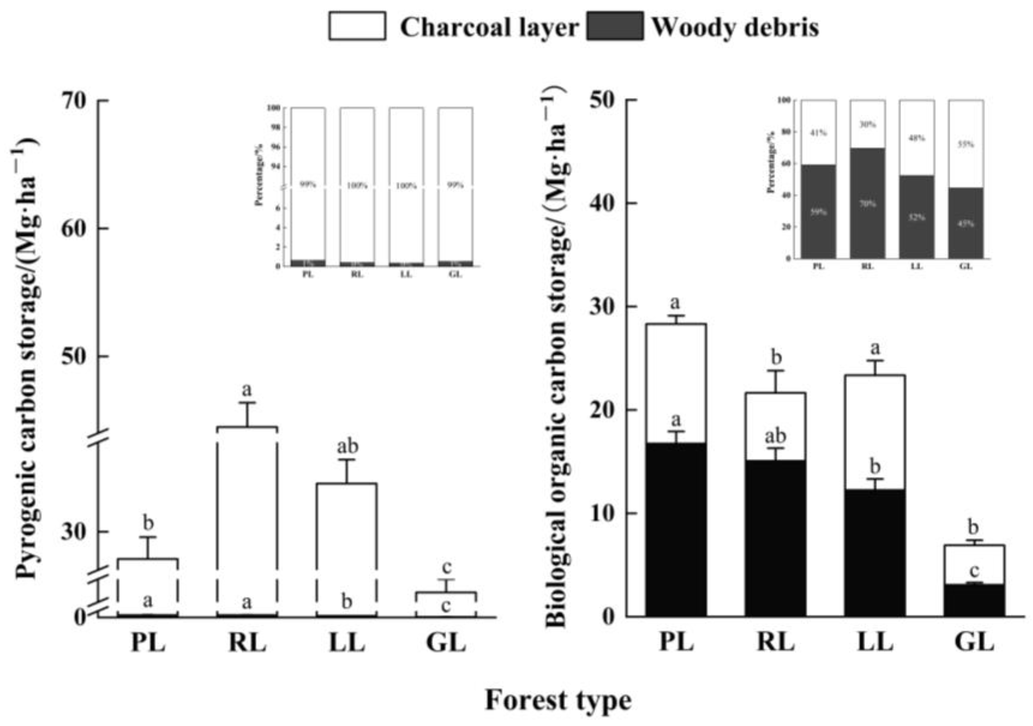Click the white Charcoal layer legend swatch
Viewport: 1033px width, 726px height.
point(357,26)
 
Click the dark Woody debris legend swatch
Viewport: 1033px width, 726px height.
point(614,26)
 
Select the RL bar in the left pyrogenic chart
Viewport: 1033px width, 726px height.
point(247,517)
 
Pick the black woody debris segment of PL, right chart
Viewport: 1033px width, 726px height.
point(675,531)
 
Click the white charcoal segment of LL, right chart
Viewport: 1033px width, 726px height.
point(875,432)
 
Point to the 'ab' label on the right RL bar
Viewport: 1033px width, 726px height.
point(776,436)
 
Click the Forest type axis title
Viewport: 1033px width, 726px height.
point(558,701)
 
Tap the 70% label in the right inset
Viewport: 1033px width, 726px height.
point(867,204)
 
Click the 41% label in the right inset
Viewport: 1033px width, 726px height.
point(818,133)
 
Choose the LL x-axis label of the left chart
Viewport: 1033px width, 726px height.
point(347,644)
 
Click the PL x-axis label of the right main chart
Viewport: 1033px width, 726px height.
point(676,643)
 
